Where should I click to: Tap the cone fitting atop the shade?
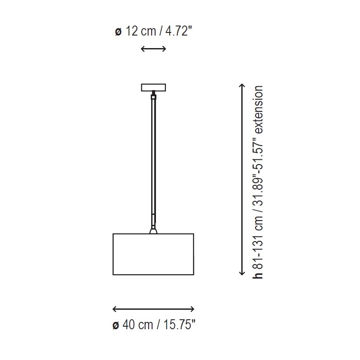point(153,230)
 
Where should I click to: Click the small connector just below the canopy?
point(153,95)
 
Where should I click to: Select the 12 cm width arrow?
point(153,49)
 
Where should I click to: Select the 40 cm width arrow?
point(153,309)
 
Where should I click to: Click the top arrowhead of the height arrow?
point(242,86)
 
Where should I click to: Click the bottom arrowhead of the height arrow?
point(242,273)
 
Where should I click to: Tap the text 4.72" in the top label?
point(178,31)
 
